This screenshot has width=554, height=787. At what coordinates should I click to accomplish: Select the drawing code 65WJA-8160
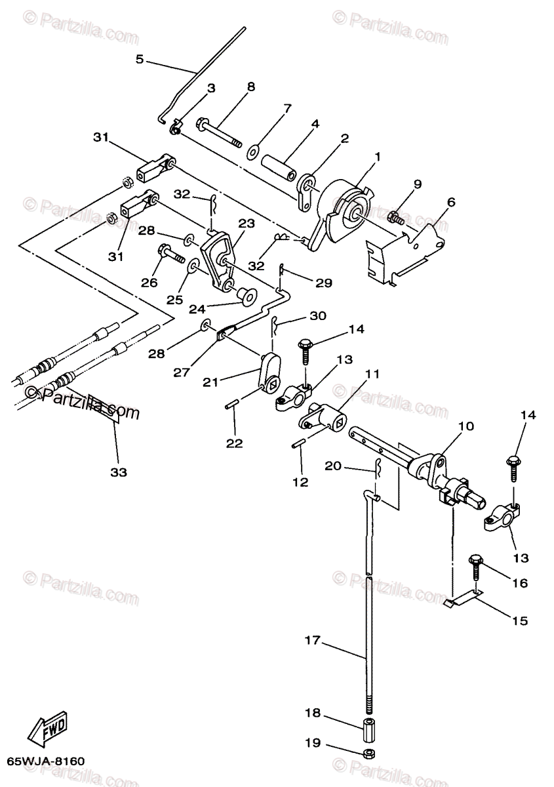47,763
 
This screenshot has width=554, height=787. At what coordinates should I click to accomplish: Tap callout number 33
119,472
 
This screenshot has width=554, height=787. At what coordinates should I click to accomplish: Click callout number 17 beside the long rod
313,639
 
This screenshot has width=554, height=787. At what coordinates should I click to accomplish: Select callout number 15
519,620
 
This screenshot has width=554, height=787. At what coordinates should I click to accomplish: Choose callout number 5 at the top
139,59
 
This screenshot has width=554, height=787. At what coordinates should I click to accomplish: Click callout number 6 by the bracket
450,203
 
